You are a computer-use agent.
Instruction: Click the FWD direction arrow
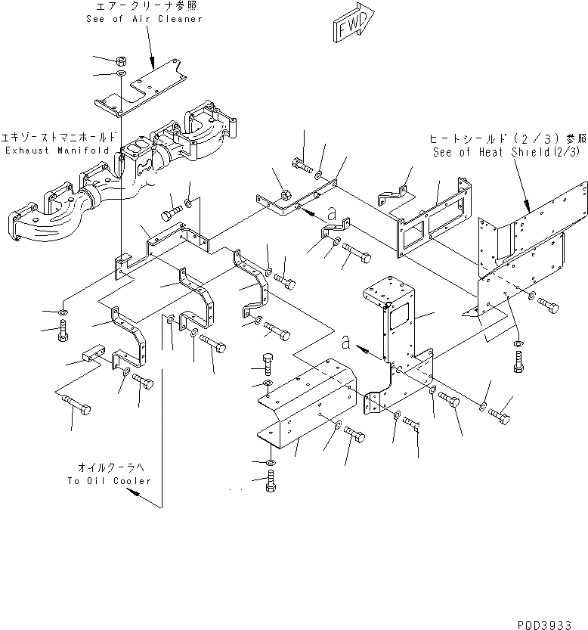tap(351, 23)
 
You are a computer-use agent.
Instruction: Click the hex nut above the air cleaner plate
tap(121, 59)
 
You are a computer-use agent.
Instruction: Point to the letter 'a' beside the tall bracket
tap(346, 343)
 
